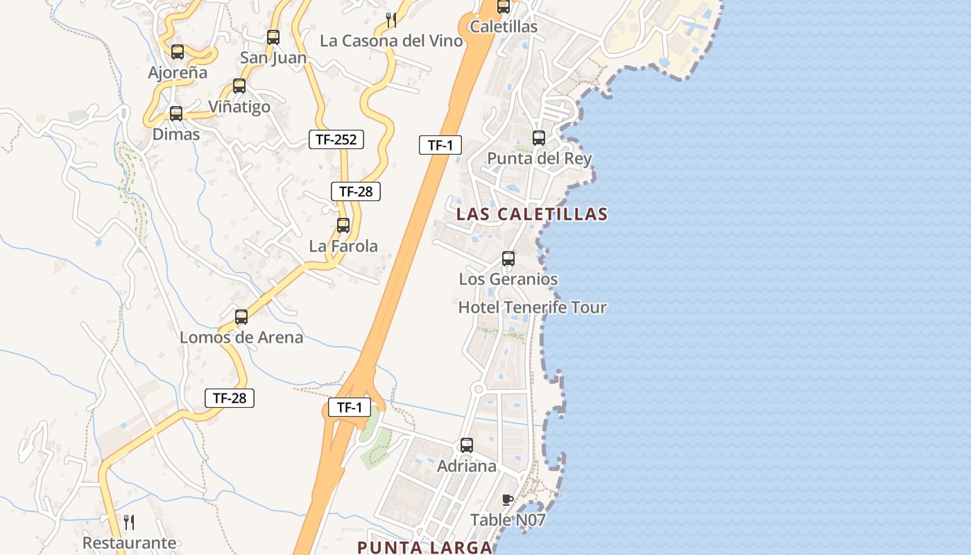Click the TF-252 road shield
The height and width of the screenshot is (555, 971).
click(x=336, y=139)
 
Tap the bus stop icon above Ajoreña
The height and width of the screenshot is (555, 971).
click(x=178, y=51)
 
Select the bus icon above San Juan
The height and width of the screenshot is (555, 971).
click(x=273, y=37)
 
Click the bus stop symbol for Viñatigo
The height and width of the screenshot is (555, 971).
click(x=239, y=86)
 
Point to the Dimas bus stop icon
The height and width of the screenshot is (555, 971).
click(x=176, y=113)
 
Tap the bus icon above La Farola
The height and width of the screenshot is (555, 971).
click(x=343, y=225)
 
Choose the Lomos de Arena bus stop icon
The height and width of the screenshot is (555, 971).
click(x=241, y=317)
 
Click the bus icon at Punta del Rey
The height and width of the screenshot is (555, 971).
click(x=539, y=138)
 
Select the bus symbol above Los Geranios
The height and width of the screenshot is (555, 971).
click(x=508, y=259)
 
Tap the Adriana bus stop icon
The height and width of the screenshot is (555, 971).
click(x=467, y=445)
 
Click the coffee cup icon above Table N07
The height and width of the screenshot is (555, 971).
click(x=507, y=499)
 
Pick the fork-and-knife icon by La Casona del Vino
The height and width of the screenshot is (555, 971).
click(x=391, y=20)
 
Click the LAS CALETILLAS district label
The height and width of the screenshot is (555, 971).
click(x=532, y=214)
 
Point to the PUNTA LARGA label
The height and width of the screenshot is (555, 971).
click(x=424, y=547)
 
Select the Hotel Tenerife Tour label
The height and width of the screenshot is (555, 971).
click(x=532, y=307)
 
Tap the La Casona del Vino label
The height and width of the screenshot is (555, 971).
click(x=391, y=41)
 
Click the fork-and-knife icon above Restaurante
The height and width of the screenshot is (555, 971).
click(x=129, y=522)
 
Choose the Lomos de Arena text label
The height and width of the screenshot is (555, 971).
click(x=241, y=338)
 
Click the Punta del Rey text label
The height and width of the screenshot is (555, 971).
click(x=540, y=158)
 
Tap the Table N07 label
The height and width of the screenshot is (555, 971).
click(x=508, y=520)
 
